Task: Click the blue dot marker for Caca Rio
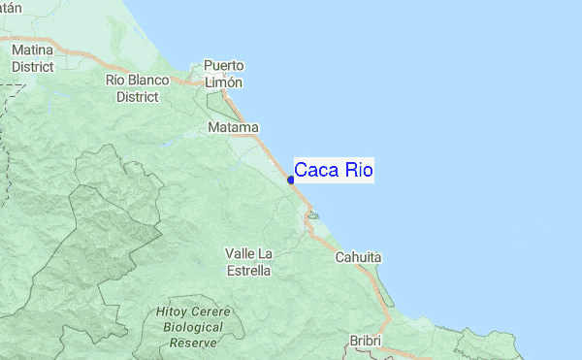pos(291,180)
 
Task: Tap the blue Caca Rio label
pos(334,171)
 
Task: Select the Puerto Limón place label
pos(223,74)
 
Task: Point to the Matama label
pos(234,128)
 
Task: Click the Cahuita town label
pos(359,258)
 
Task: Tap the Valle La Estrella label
pos(248,262)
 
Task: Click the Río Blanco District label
pos(138,88)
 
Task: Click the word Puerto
pos(223,66)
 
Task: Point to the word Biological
pos(193,328)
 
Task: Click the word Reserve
pos(193,344)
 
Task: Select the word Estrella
pos(248,271)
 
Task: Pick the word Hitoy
pos(175,312)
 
